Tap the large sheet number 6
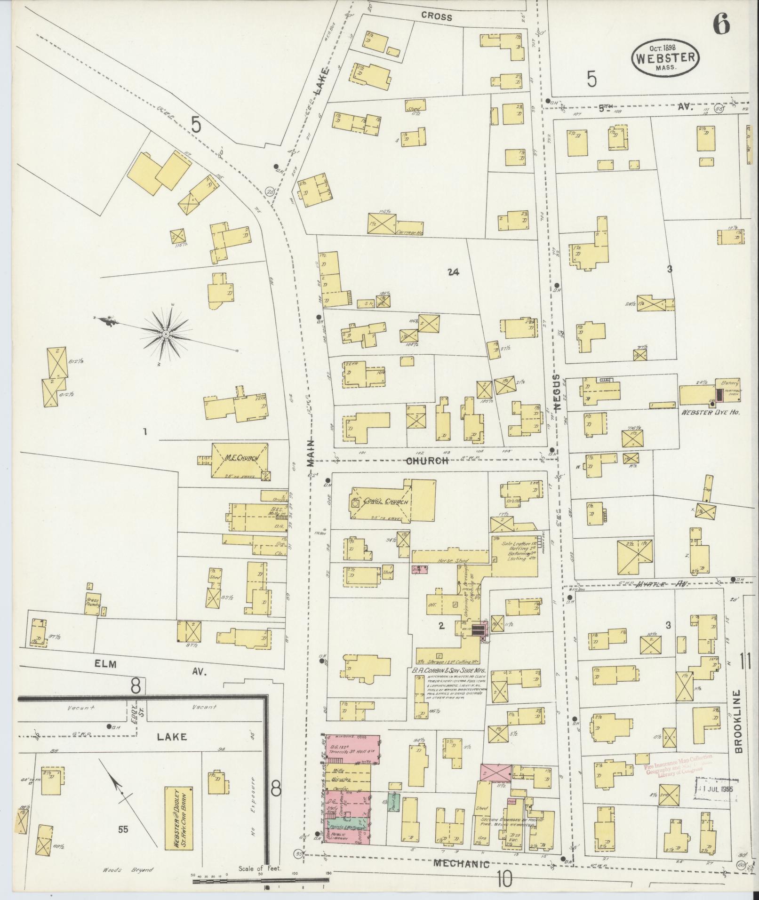point(721,23)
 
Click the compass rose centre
point(166,334)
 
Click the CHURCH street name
point(428,461)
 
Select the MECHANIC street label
point(462,864)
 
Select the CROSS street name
point(436,17)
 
